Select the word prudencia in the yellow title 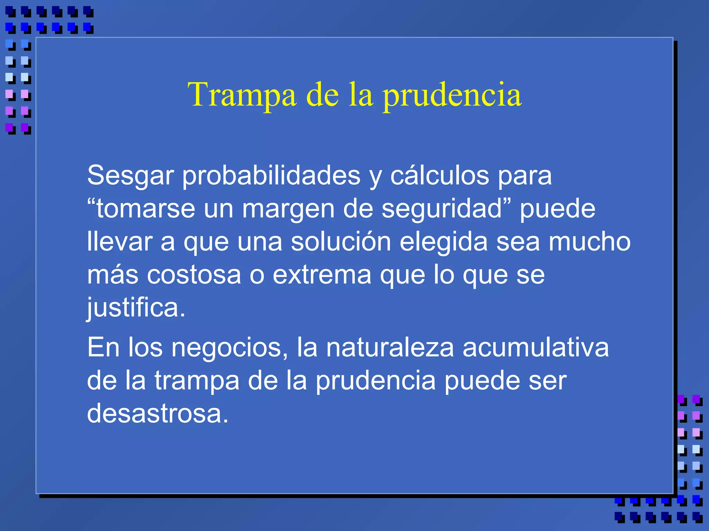(452, 95)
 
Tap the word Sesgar (130, 176)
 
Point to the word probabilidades (271, 176)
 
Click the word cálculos (440, 175)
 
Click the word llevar (119, 241)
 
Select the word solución (341, 241)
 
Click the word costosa (194, 275)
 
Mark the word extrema (322, 275)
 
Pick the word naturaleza (390, 347)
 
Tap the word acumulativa (536, 347)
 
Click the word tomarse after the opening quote (145, 209)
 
